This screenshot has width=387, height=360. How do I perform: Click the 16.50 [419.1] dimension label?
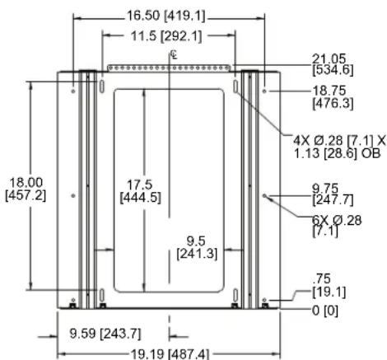166,16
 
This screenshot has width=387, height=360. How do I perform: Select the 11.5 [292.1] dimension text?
166,36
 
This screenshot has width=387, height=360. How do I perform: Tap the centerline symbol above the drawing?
174,54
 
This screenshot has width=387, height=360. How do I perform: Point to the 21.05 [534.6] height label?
333,65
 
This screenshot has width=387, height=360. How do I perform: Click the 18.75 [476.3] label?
333,97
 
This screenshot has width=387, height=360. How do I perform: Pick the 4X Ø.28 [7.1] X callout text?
339,141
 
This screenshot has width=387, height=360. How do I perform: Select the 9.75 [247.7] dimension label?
333,194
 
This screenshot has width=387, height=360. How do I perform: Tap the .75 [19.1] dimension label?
329,285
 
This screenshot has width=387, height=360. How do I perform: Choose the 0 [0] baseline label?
325,311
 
